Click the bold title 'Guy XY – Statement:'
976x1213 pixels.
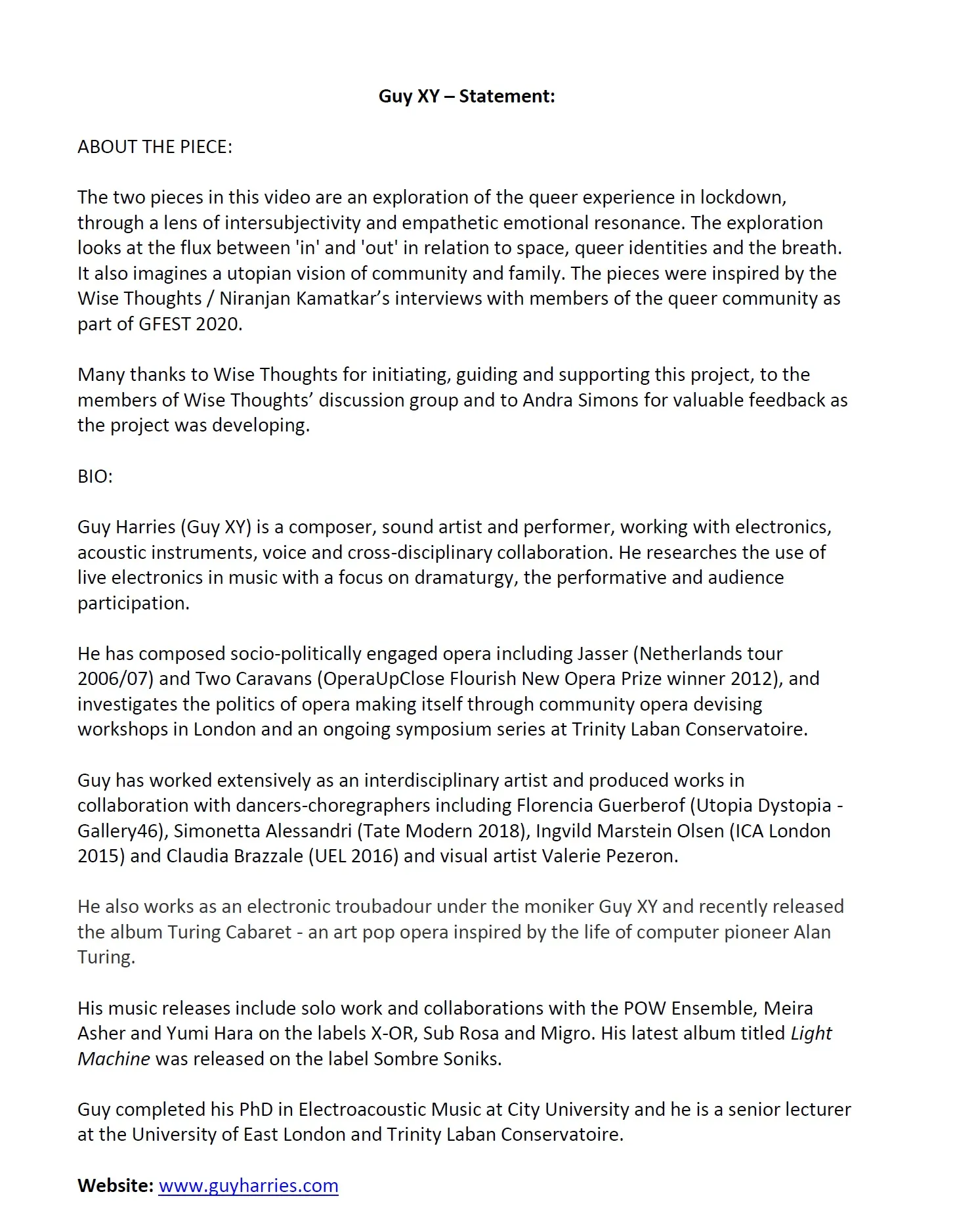[x=467, y=97]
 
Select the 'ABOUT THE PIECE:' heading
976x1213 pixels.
[x=155, y=147]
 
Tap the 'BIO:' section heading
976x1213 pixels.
[x=95, y=477]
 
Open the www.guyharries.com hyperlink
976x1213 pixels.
[x=248, y=1186]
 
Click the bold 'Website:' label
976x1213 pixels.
[x=116, y=1186]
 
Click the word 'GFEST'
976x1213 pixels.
[x=164, y=324]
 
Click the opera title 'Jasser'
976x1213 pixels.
[x=602, y=654]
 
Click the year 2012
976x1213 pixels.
[x=752, y=679]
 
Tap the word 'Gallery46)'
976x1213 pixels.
[x=122, y=831]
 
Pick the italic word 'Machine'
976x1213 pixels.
[x=114, y=1059]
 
